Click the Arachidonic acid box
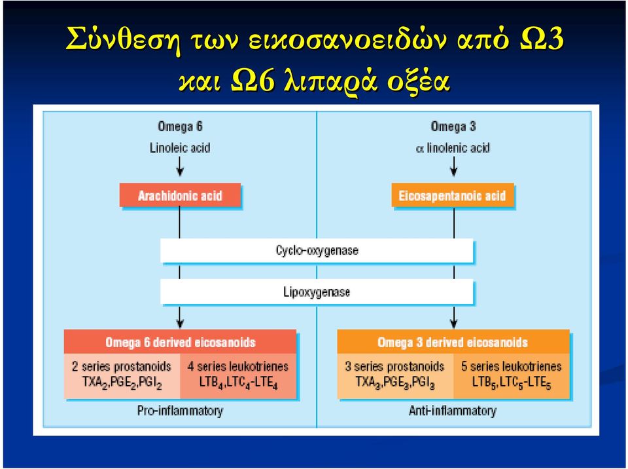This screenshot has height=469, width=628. click(x=181, y=195)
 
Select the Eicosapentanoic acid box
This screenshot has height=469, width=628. click(x=453, y=195)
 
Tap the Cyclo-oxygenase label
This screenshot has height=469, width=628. click(x=317, y=251)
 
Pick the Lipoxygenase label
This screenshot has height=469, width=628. click(x=317, y=291)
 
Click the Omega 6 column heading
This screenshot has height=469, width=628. click(x=181, y=126)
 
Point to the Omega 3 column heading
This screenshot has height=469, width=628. click(x=453, y=126)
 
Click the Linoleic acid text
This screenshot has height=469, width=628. click(x=180, y=147)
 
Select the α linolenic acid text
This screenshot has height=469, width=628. click(x=453, y=147)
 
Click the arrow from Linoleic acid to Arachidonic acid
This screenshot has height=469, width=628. click(x=180, y=166)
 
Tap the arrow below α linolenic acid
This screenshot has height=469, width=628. click(x=453, y=166)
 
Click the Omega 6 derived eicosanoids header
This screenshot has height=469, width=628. click(x=181, y=342)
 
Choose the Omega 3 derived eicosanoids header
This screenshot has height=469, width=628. click(x=453, y=342)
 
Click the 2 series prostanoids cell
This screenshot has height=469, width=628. click(x=122, y=376)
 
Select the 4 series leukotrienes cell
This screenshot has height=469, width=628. click(x=238, y=376)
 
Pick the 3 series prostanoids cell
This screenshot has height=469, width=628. click(x=395, y=376)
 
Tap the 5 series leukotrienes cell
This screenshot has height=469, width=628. click(x=512, y=376)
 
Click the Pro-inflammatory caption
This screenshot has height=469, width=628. click(x=181, y=411)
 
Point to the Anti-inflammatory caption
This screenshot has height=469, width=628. click(x=453, y=411)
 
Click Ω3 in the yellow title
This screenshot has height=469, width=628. click(x=542, y=39)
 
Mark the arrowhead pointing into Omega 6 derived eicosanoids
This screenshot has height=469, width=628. click(x=180, y=323)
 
